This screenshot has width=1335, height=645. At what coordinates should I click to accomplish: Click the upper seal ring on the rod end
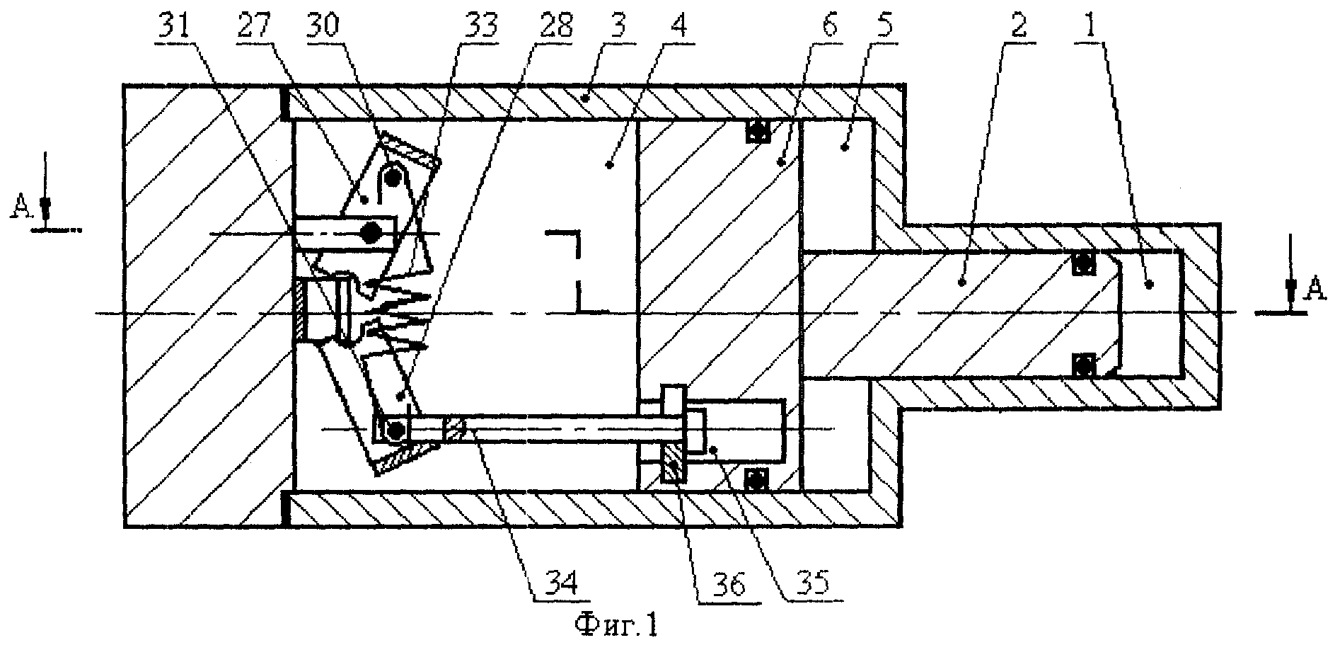[1083, 264]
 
